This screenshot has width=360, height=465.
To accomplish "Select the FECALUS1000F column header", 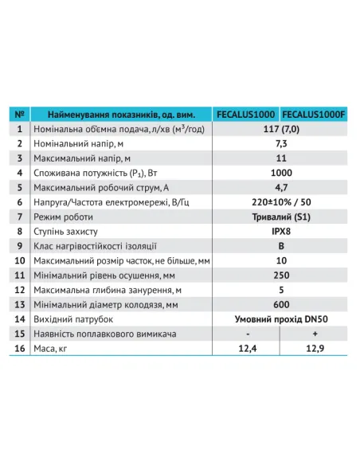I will [x=313, y=113].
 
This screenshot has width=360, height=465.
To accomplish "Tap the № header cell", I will [x=21, y=113].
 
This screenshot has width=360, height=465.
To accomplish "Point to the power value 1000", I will [x=280, y=171].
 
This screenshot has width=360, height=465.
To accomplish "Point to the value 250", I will [x=280, y=275].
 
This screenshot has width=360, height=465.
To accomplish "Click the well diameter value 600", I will [x=280, y=304].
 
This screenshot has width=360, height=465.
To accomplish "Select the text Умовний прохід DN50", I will [x=280, y=318].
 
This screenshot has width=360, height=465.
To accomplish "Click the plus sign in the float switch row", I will [x=313, y=334].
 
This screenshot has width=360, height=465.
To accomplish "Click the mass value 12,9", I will [x=313, y=349].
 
